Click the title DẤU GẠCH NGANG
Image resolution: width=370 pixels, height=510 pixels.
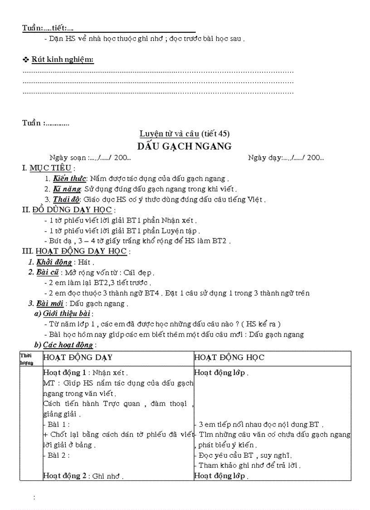pos(185,146)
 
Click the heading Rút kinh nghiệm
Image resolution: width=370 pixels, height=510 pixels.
pos(62,60)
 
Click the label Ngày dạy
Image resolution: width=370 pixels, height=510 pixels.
pos(264,158)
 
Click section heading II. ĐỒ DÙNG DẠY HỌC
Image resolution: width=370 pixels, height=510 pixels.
pos(67,209)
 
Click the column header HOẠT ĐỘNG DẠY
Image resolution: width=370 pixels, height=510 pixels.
pos(78,357)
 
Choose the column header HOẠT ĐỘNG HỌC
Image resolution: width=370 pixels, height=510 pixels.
pos(229,357)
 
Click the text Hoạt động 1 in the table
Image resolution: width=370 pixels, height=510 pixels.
pos(63,373)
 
